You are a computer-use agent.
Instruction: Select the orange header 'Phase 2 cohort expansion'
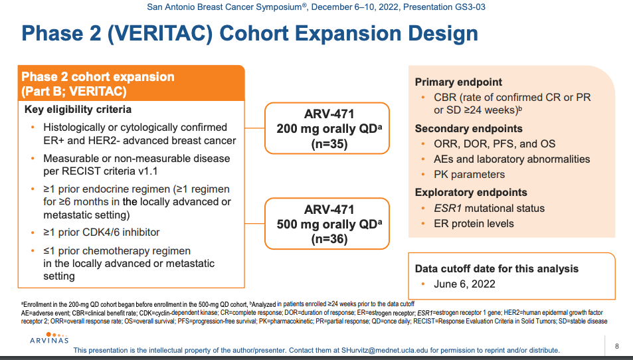coord(98,76)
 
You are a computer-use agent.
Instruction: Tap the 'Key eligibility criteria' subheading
coord(78,110)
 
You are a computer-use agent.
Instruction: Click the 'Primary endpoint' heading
coord(458,82)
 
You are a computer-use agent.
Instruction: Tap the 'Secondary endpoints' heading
coord(469,129)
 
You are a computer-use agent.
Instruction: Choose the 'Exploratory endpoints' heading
coord(471,193)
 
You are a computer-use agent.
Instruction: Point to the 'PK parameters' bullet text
coord(469,175)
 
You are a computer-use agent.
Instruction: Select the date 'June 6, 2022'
coord(464,284)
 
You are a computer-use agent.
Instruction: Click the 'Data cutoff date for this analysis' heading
coord(497,269)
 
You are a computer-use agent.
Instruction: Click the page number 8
coord(616,346)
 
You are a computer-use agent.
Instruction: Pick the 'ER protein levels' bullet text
coord(474,224)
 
